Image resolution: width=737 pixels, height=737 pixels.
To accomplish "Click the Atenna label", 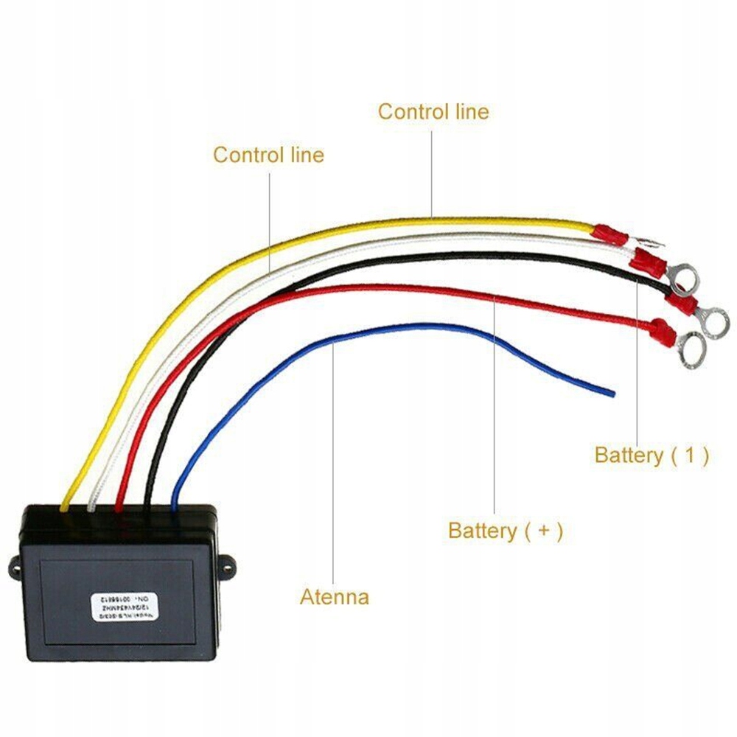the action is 334,596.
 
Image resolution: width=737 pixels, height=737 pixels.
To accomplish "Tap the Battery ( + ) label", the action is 505,531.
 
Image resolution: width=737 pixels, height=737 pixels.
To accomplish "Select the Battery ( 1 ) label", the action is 652,455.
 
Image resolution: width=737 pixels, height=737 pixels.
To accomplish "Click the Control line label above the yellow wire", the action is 433,112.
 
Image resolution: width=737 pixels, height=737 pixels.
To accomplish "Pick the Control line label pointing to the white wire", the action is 268,156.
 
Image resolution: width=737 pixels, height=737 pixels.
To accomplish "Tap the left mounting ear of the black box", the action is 16,567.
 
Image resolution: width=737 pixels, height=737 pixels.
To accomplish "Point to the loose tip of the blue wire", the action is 612,394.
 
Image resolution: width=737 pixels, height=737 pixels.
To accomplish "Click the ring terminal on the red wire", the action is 690,349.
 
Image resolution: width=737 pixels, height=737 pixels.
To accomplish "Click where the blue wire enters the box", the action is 174,506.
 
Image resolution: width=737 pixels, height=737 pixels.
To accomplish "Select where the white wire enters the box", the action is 91,506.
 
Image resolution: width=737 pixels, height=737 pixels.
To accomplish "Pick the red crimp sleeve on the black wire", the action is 678,303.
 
